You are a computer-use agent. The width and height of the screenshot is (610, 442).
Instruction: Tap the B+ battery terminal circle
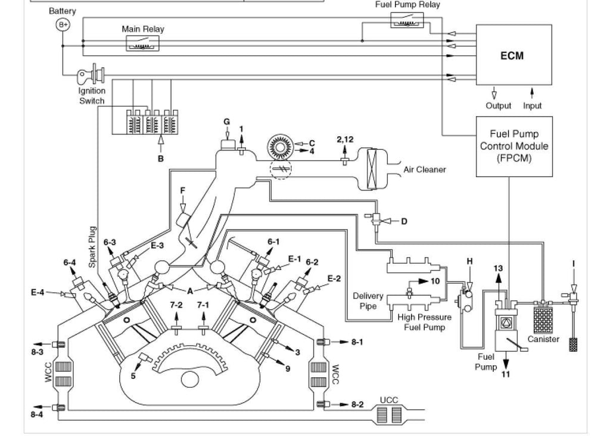click(63, 25)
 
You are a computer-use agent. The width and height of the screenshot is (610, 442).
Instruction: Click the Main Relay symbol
click(143, 43)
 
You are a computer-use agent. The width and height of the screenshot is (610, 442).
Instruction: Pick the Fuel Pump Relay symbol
click(407, 20)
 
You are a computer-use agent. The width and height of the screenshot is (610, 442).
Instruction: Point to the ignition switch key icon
click(91, 74)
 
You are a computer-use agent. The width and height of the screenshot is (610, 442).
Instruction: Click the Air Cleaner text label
click(424, 170)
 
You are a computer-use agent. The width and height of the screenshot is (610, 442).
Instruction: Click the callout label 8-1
click(357, 342)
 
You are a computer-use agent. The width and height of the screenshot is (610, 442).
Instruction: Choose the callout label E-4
click(38, 292)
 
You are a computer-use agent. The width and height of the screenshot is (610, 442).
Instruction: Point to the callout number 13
click(498, 268)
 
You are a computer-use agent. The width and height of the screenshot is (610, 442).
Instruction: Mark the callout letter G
click(226, 122)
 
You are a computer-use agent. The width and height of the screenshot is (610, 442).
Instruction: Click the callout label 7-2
click(176, 305)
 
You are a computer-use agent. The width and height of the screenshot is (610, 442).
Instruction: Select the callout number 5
click(133, 376)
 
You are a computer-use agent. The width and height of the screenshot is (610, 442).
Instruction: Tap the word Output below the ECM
click(499, 106)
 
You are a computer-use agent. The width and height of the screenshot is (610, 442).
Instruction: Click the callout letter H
click(469, 261)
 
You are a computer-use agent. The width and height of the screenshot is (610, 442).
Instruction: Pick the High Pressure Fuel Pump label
click(424, 322)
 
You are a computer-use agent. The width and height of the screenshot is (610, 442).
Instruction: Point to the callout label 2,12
click(345, 139)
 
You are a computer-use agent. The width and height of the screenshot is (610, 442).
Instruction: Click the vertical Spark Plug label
click(92, 247)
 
